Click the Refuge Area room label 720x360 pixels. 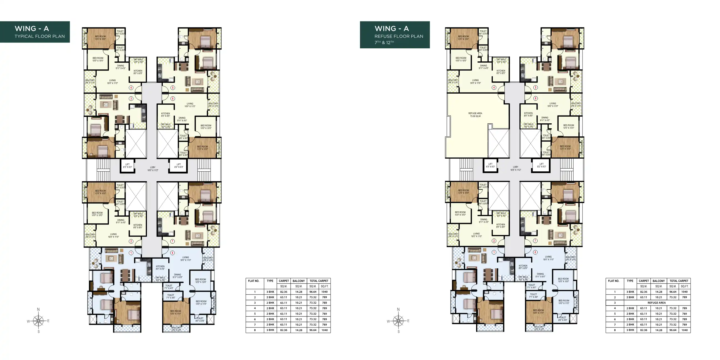(475, 115)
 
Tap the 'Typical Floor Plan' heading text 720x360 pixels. (40, 36)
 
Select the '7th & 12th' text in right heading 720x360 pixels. (384, 42)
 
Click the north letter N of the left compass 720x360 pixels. (38, 309)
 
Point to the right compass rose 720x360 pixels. (398, 321)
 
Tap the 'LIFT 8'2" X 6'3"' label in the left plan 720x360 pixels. (179, 166)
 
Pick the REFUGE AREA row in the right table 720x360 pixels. (657, 303)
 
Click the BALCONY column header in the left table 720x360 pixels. (299, 281)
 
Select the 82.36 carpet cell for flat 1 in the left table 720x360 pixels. (284, 292)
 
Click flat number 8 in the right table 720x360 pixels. (615, 330)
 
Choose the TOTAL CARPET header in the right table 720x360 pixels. (679, 281)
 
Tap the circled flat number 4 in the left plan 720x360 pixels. (131, 88)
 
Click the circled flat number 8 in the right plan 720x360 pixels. (535, 252)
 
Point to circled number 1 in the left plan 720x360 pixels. (131, 253)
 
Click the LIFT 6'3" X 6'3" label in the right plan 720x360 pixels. (491, 166)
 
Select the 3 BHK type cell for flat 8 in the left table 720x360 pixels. (270, 330)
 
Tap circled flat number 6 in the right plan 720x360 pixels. (536, 98)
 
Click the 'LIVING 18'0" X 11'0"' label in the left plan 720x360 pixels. (186, 259)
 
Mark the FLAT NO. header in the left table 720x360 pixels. (254, 281)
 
